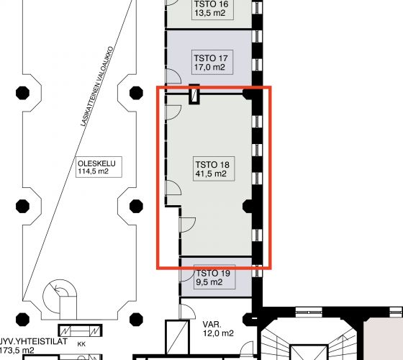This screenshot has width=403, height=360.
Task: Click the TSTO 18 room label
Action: (x=212, y=165)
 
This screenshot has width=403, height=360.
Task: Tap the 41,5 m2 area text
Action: (x=211, y=174)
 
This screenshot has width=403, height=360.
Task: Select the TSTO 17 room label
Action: (x=211, y=58)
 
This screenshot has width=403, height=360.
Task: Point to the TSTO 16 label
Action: (x=212, y=4)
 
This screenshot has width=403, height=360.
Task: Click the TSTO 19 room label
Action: (x=213, y=273)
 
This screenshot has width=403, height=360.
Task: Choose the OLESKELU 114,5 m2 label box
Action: (x=99, y=167)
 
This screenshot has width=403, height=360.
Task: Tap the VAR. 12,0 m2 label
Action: (x=218, y=329)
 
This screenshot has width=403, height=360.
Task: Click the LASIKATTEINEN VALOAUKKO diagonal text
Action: (x=96, y=86)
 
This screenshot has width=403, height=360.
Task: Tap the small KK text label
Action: (x=81, y=344)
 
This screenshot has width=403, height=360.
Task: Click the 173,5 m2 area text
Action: (x=17, y=350)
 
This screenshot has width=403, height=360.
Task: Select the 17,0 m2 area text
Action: (x=209, y=68)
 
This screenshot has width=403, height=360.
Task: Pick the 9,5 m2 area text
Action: (x=209, y=282)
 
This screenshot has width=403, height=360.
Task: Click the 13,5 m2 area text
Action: (x=210, y=13)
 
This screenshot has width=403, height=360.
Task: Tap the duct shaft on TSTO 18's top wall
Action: (x=194, y=94)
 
